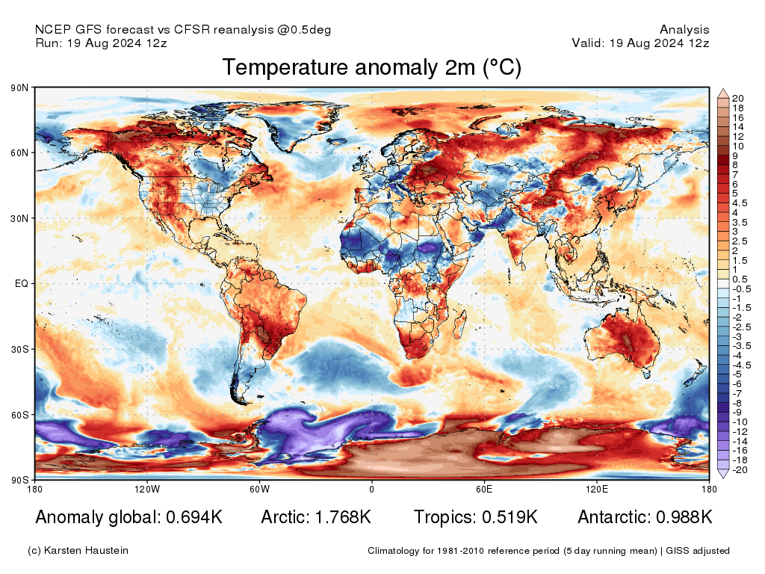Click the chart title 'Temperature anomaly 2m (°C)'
click(x=371, y=68)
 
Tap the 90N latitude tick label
click(x=20, y=88)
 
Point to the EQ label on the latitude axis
click(x=22, y=284)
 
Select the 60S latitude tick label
click(x=20, y=414)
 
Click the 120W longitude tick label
click(x=147, y=490)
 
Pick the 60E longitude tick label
click(x=483, y=490)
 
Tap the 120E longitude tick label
click(x=595, y=490)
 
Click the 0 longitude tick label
click(x=371, y=490)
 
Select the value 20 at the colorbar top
click(x=737, y=99)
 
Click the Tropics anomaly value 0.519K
click(x=507, y=517)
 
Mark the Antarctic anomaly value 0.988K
click(x=684, y=517)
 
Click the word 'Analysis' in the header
click(x=684, y=30)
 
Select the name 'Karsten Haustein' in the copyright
click(x=89, y=551)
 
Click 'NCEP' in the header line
click(x=52, y=30)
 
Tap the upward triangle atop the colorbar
click(x=723, y=93)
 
